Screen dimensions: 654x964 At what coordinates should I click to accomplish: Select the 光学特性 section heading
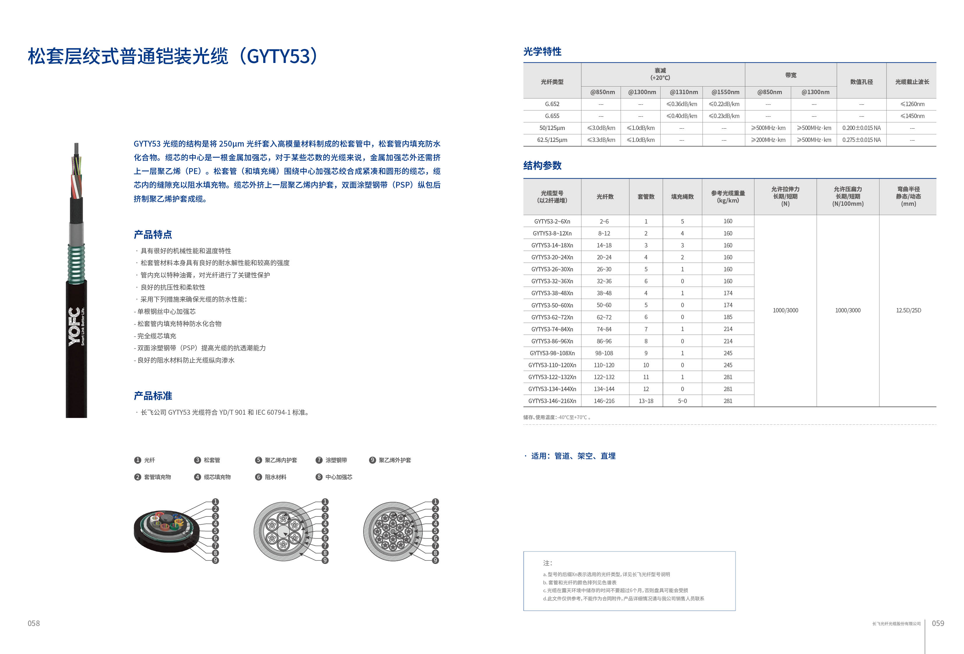[542, 51]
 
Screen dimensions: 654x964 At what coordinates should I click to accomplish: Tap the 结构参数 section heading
[542, 166]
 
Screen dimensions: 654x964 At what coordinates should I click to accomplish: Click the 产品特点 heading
[153, 235]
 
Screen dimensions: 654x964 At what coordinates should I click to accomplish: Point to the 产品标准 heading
[153, 396]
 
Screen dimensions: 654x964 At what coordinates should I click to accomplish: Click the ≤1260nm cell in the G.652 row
[912, 104]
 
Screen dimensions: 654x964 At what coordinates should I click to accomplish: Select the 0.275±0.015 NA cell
[861, 140]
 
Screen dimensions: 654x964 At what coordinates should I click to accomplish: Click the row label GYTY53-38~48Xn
[552, 293]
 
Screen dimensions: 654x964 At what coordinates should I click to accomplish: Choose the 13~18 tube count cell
[646, 401]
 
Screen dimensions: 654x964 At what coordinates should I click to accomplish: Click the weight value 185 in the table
[728, 317]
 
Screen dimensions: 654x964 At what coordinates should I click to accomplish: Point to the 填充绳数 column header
[682, 196]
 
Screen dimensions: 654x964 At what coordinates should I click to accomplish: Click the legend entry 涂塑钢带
[336, 460]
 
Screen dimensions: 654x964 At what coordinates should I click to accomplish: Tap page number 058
[34, 623]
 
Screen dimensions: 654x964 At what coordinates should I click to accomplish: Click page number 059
[938, 623]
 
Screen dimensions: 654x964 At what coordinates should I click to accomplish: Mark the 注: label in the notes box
[547, 563]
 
